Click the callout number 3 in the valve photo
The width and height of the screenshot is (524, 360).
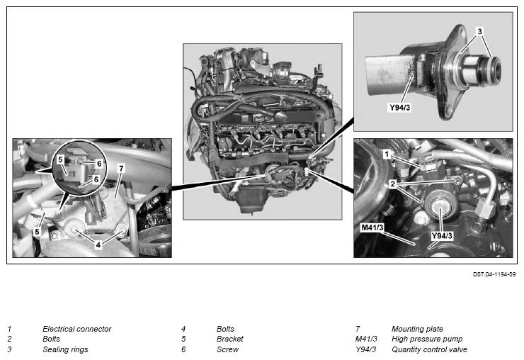click(x=479, y=31)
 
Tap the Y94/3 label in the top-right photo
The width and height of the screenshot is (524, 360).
click(x=399, y=108)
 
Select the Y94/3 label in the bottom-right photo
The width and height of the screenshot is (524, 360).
click(x=442, y=235)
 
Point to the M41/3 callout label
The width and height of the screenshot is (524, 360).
click(x=372, y=227)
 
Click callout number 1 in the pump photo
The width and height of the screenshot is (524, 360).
click(x=387, y=154)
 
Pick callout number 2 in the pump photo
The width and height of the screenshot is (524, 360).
click(x=393, y=184)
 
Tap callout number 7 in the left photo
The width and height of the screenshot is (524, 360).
click(x=121, y=168)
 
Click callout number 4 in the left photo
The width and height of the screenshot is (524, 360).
click(x=98, y=244)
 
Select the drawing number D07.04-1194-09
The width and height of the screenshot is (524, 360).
click(x=494, y=274)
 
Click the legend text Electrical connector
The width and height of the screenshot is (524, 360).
click(x=77, y=329)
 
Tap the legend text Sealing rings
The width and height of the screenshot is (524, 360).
click(x=65, y=349)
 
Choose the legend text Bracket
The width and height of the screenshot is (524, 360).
click(x=230, y=339)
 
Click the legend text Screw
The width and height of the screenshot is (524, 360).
click(x=227, y=349)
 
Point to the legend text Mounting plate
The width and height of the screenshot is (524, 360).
click(x=417, y=329)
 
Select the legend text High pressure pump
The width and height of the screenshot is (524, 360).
click(x=427, y=339)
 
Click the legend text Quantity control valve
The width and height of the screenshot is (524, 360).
click(x=429, y=349)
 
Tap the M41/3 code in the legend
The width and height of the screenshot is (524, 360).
click(x=366, y=339)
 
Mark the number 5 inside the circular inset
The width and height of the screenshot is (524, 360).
click(x=60, y=159)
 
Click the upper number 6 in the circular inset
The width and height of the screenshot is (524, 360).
click(x=99, y=163)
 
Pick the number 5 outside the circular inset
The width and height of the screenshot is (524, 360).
click(x=37, y=232)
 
